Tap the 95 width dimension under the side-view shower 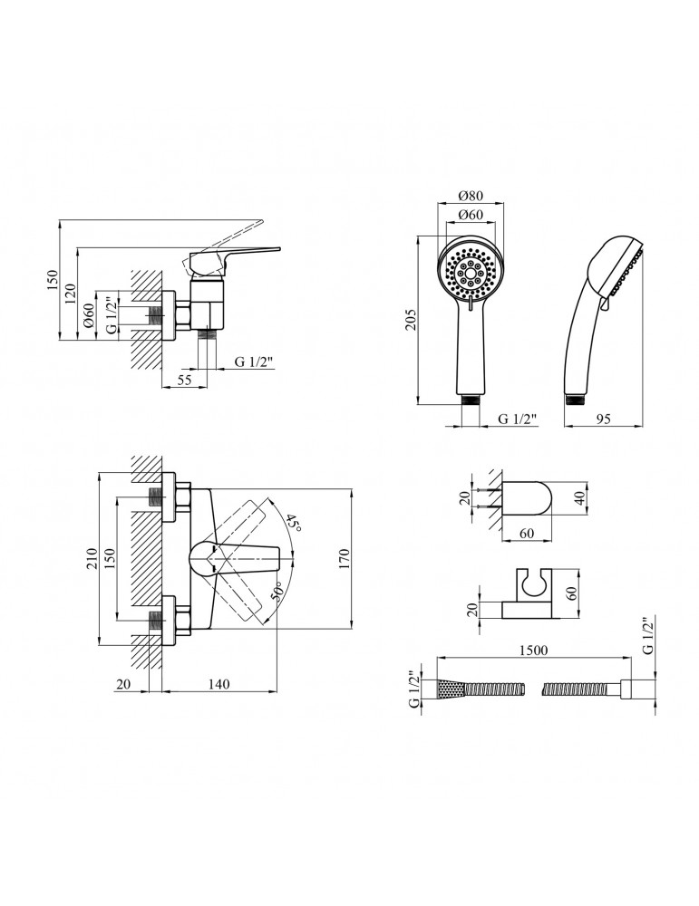pyautogui.click(x=603, y=419)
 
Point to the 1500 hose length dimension pyautogui.click(x=533, y=650)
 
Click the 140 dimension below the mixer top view pyautogui.click(x=218, y=684)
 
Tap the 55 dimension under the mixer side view pyautogui.click(x=184, y=380)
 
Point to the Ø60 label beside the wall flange pyautogui.click(x=89, y=315)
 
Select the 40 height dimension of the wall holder pyautogui.click(x=582, y=496)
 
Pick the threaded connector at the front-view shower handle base pyautogui.click(x=470, y=400)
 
